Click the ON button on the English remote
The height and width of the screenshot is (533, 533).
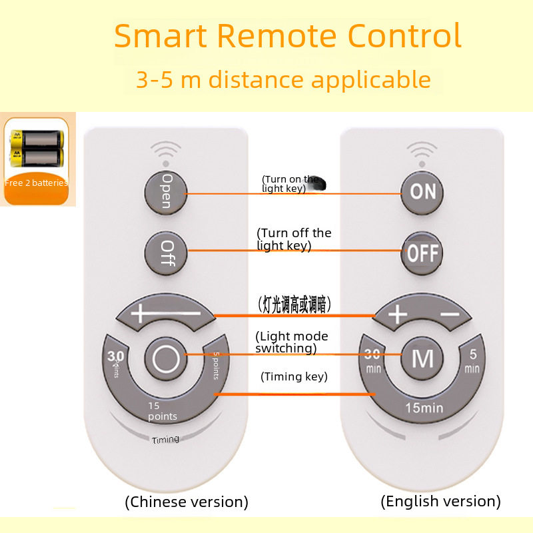pyautogui.click(x=423, y=192)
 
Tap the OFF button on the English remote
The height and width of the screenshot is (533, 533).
pyautogui.click(x=423, y=253)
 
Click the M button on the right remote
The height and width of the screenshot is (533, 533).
pyautogui.click(x=422, y=358)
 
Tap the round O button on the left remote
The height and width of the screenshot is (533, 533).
pyautogui.click(x=166, y=359)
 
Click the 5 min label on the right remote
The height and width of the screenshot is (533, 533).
pyautogui.click(x=472, y=360)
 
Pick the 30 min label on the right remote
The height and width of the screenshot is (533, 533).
pyautogui.click(x=373, y=360)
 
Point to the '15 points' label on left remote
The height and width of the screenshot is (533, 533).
pyautogui.click(x=162, y=411)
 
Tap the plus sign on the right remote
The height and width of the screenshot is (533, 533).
pyautogui.click(x=397, y=314)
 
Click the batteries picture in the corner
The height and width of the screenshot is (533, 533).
pyautogui.click(x=36, y=148)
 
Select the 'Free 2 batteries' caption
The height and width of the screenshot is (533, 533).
pyautogui.click(x=36, y=183)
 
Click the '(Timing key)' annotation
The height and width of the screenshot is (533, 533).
pyautogui.click(x=294, y=376)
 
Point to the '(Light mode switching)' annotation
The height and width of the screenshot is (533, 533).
pyautogui.click(x=292, y=342)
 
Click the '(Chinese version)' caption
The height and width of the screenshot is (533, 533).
pyautogui.click(x=187, y=502)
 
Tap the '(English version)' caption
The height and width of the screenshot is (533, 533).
pyautogui.click(x=440, y=501)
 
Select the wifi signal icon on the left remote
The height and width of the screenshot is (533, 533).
pyautogui.click(x=166, y=149)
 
